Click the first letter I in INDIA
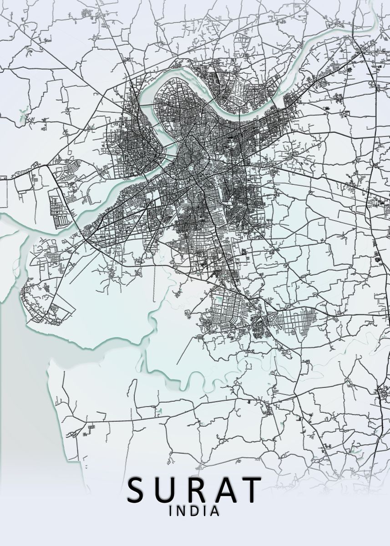[x=171, y=511]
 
